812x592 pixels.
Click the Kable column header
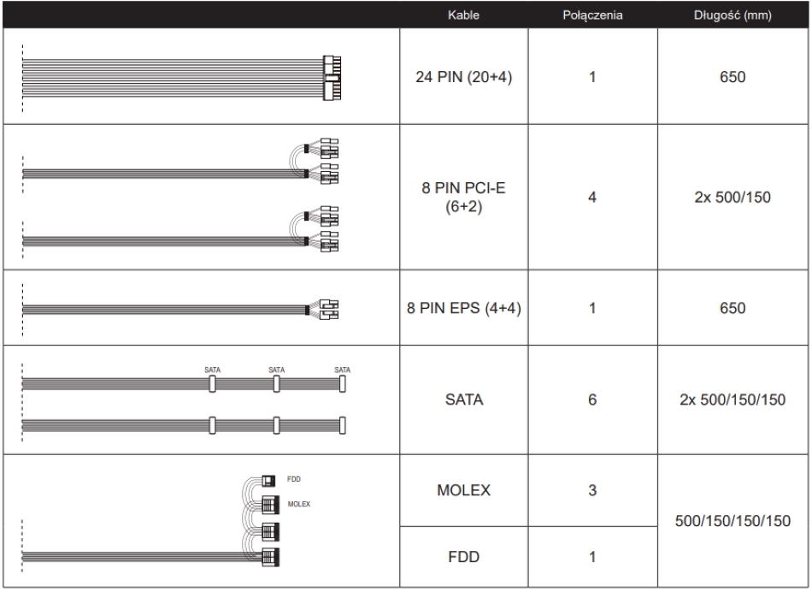coord(463,15)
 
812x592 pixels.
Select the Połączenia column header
coord(592,15)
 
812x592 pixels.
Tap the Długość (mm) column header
coord(733,15)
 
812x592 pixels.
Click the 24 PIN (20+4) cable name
coord(463,77)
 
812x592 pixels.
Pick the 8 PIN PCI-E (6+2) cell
coord(463,197)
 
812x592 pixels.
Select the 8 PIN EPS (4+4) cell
coord(463,308)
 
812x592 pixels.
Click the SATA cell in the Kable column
coord(463,400)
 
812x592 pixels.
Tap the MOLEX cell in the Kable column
coord(463,490)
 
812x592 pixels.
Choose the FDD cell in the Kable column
coord(463,557)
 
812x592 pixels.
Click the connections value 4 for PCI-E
coord(592,197)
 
